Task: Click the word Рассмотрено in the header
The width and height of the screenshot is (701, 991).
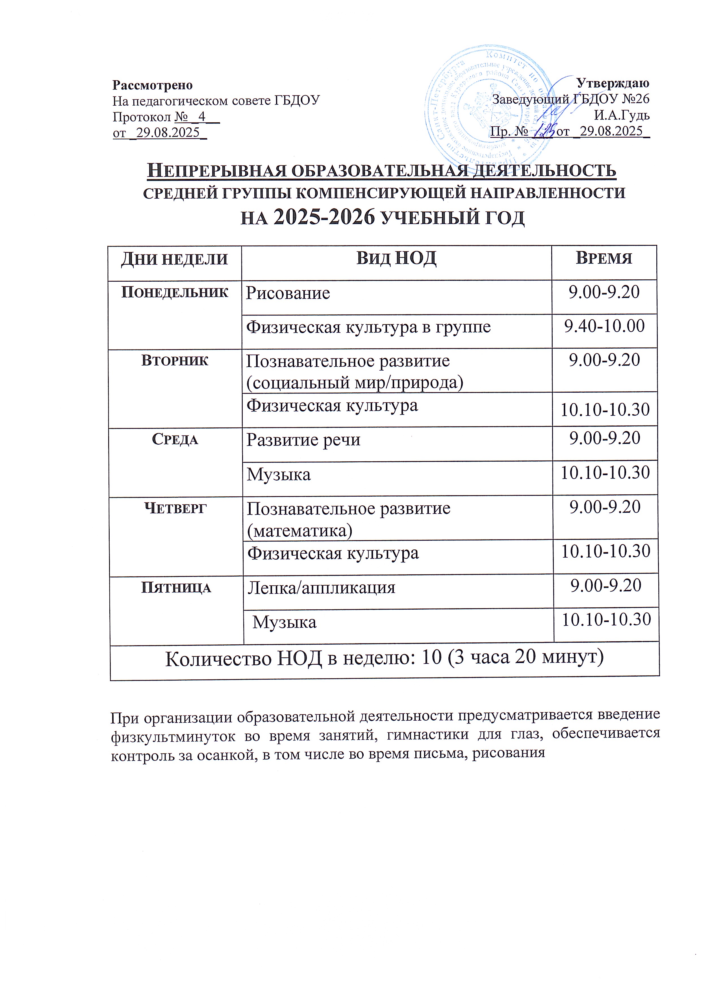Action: tap(152, 85)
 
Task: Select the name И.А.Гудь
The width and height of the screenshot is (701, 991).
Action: tap(622, 116)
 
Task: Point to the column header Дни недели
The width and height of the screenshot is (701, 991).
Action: tap(174, 259)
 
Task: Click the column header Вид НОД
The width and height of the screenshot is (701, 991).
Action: tap(396, 258)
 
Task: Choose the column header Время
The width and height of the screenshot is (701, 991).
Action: tap(604, 258)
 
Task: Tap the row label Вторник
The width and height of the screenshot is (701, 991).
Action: tap(174, 361)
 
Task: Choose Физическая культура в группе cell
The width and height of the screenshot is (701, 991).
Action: tap(368, 327)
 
